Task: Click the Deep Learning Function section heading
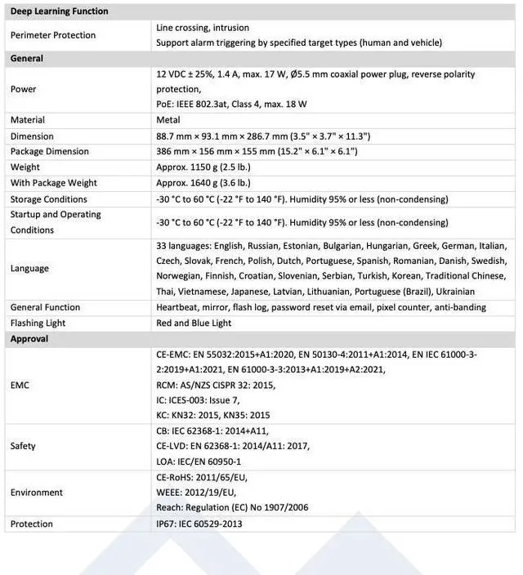point(59,11)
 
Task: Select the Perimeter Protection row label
point(53,35)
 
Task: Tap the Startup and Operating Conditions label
point(56,222)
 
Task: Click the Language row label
point(29,268)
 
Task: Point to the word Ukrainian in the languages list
point(454,292)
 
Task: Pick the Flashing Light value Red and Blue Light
point(194,323)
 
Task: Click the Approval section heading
point(29,339)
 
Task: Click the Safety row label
point(23,446)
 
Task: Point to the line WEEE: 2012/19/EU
point(195,493)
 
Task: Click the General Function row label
point(46,307)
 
